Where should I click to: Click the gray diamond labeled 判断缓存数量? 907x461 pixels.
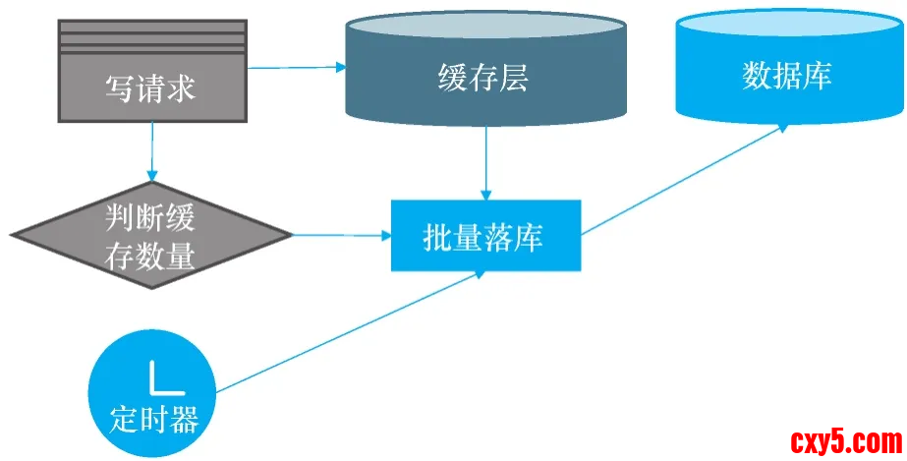(x=151, y=235)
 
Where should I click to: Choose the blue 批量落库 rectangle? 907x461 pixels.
(x=485, y=236)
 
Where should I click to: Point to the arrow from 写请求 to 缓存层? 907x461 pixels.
(x=295, y=68)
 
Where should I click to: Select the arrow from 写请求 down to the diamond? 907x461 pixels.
(x=151, y=152)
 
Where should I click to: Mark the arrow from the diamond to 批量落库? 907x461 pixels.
(x=339, y=236)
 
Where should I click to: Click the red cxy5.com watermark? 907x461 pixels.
(x=844, y=439)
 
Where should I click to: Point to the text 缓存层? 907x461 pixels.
(x=482, y=78)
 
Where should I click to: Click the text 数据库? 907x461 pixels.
(x=787, y=76)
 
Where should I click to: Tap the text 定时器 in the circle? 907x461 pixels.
(x=154, y=421)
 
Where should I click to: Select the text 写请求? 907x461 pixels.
(x=150, y=88)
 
